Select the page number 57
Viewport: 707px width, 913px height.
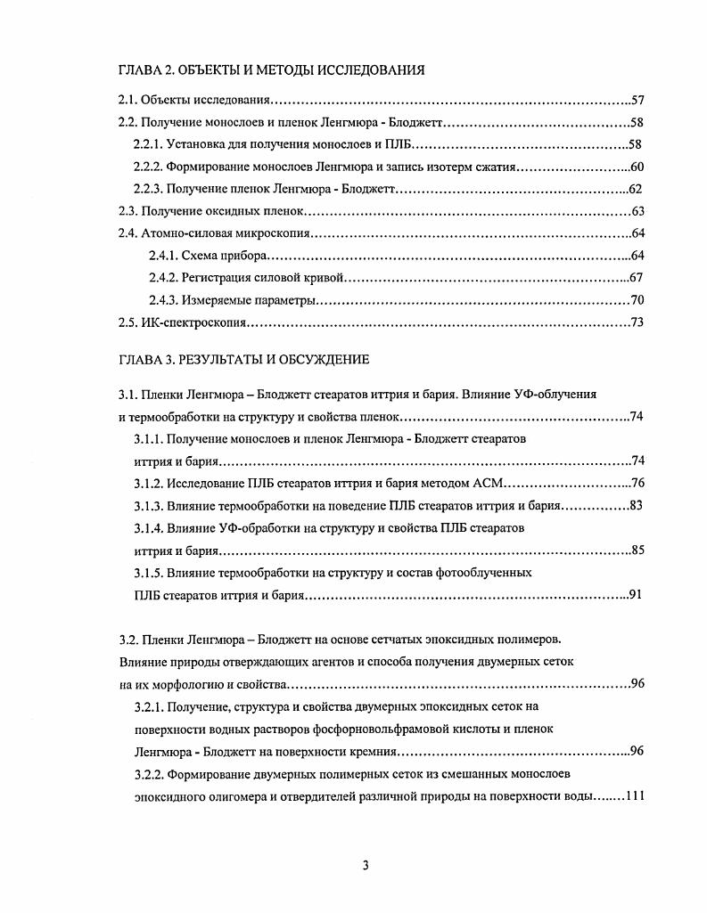pyautogui.click(x=637, y=101)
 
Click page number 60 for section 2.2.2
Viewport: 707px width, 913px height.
pyautogui.click(x=637, y=167)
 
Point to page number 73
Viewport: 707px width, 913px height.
pyautogui.click(x=637, y=322)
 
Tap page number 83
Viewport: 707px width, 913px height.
pyautogui.click(x=637, y=506)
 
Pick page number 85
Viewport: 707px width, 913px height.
pyautogui.click(x=637, y=550)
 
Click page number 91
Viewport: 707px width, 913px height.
pyautogui.click(x=635, y=595)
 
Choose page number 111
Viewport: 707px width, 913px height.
pyautogui.click(x=634, y=795)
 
